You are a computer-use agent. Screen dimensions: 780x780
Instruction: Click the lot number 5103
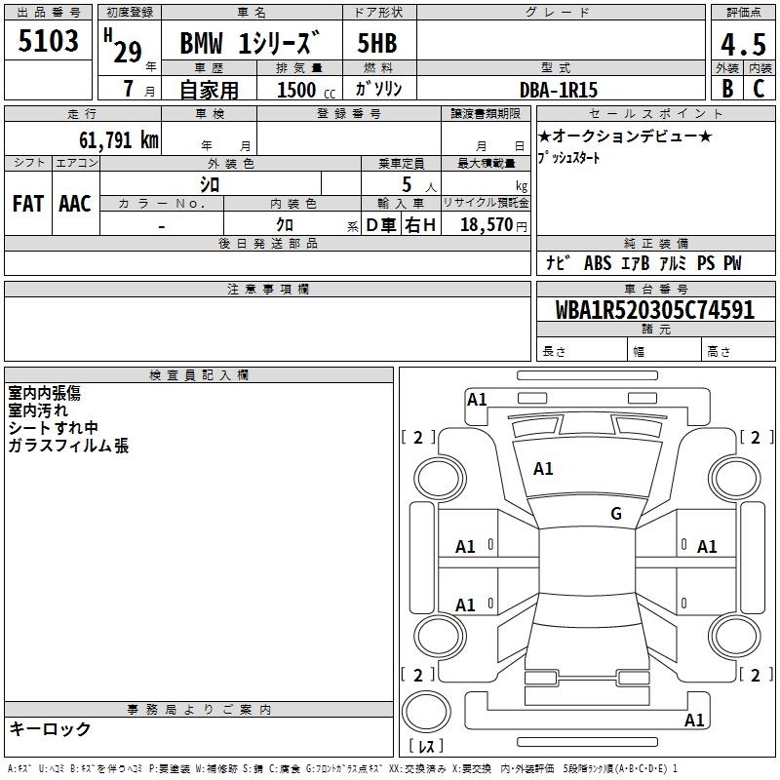point(48,40)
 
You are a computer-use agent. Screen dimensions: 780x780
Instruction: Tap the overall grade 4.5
point(743,44)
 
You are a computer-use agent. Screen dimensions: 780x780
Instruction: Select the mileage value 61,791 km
point(119,140)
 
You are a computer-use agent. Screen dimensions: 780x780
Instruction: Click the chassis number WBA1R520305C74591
point(654,310)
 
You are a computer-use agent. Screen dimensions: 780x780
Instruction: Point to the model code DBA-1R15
point(558,90)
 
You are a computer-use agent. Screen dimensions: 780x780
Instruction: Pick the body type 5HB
point(377,43)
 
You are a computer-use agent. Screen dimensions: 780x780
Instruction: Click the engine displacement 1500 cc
point(306,90)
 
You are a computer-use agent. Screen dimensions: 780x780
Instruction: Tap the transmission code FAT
point(28,204)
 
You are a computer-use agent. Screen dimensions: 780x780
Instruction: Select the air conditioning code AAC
point(75,204)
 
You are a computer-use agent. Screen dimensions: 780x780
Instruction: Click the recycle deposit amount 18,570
point(486,225)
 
